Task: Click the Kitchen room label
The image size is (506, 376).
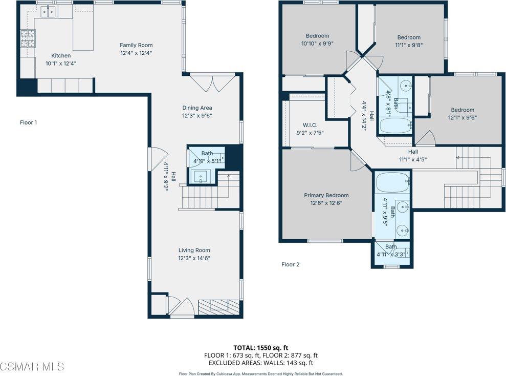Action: coord(61,55)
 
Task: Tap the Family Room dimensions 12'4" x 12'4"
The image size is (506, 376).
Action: coord(136,53)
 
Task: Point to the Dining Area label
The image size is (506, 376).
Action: coord(197,108)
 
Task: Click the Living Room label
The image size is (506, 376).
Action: coord(194,250)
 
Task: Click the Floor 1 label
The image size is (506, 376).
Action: coord(29,122)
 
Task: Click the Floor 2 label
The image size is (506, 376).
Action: coord(290,264)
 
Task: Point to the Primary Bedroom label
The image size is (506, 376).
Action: coord(326,195)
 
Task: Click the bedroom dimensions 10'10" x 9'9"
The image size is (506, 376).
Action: coord(317,44)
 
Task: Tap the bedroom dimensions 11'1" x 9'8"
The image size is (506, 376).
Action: coord(409,45)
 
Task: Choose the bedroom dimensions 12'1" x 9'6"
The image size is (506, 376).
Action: coord(462,117)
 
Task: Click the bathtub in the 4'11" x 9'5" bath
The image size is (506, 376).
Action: coord(391,180)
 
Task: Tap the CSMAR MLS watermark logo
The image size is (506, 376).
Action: coord(32,366)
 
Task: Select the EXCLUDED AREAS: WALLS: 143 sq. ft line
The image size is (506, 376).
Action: coord(261,362)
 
